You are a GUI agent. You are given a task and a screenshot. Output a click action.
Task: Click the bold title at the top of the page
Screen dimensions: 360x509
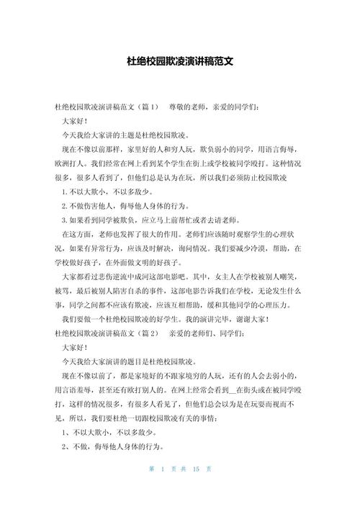pos(179,62)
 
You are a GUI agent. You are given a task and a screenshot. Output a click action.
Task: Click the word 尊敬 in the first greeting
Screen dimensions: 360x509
pos(178,106)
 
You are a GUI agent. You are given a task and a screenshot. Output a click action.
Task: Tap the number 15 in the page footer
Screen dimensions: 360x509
pos(194,489)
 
